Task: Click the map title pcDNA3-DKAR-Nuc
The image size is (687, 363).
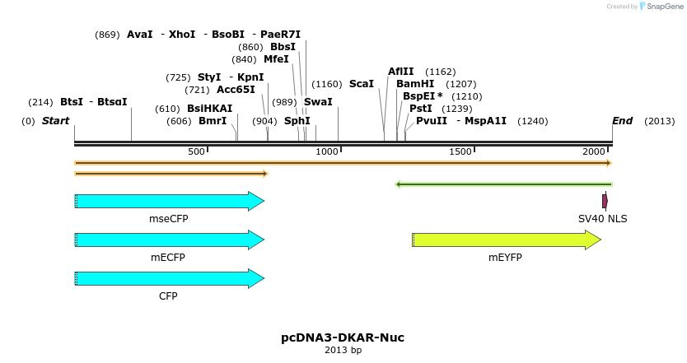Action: pyautogui.click(x=343, y=337)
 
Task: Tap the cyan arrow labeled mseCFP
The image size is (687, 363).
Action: pyautogui.click(x=169, y=201)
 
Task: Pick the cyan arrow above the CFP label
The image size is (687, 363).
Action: pyautogui.click(x=169, y=278)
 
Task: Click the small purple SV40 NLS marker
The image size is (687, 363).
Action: pyautogui.click(x=605, y=201)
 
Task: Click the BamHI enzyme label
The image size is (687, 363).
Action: pyautogui.click(x=415, y=84)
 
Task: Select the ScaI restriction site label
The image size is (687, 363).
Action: pyautogui.click(x=362, y=84)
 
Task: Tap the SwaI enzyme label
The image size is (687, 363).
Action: pyautogui.click(x=318, y=102)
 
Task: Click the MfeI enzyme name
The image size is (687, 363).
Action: pyautogui.click(x=276, y=59)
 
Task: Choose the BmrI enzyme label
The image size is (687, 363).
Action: pyautogui.click(x=213, y=121)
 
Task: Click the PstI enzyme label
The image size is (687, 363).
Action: pyautogui.click(x=421, y=109)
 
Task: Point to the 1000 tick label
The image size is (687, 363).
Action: pyautogui.click(x=327, y=152)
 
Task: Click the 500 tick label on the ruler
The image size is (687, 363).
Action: pyautogui.click(x=196, y=152)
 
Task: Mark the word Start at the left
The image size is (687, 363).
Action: pyautogui.click(x=55, y=121)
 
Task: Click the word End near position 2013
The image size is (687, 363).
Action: pyautogui.click(x=622, y=121)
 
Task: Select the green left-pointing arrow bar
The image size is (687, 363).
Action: pyautogui.click(x=504, y=184)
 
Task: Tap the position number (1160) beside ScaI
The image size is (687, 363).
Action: pyautogui.click(x=327, y=84)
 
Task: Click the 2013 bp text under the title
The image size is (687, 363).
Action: pyautogui.click(x=343, y=351)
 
